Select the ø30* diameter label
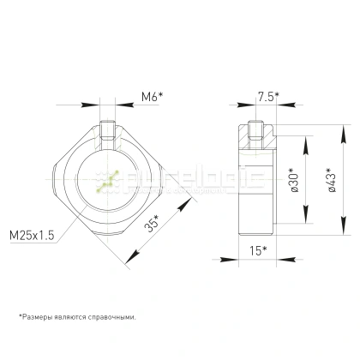294,183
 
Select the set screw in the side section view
255,132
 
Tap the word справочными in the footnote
113,315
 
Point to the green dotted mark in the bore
108,183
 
